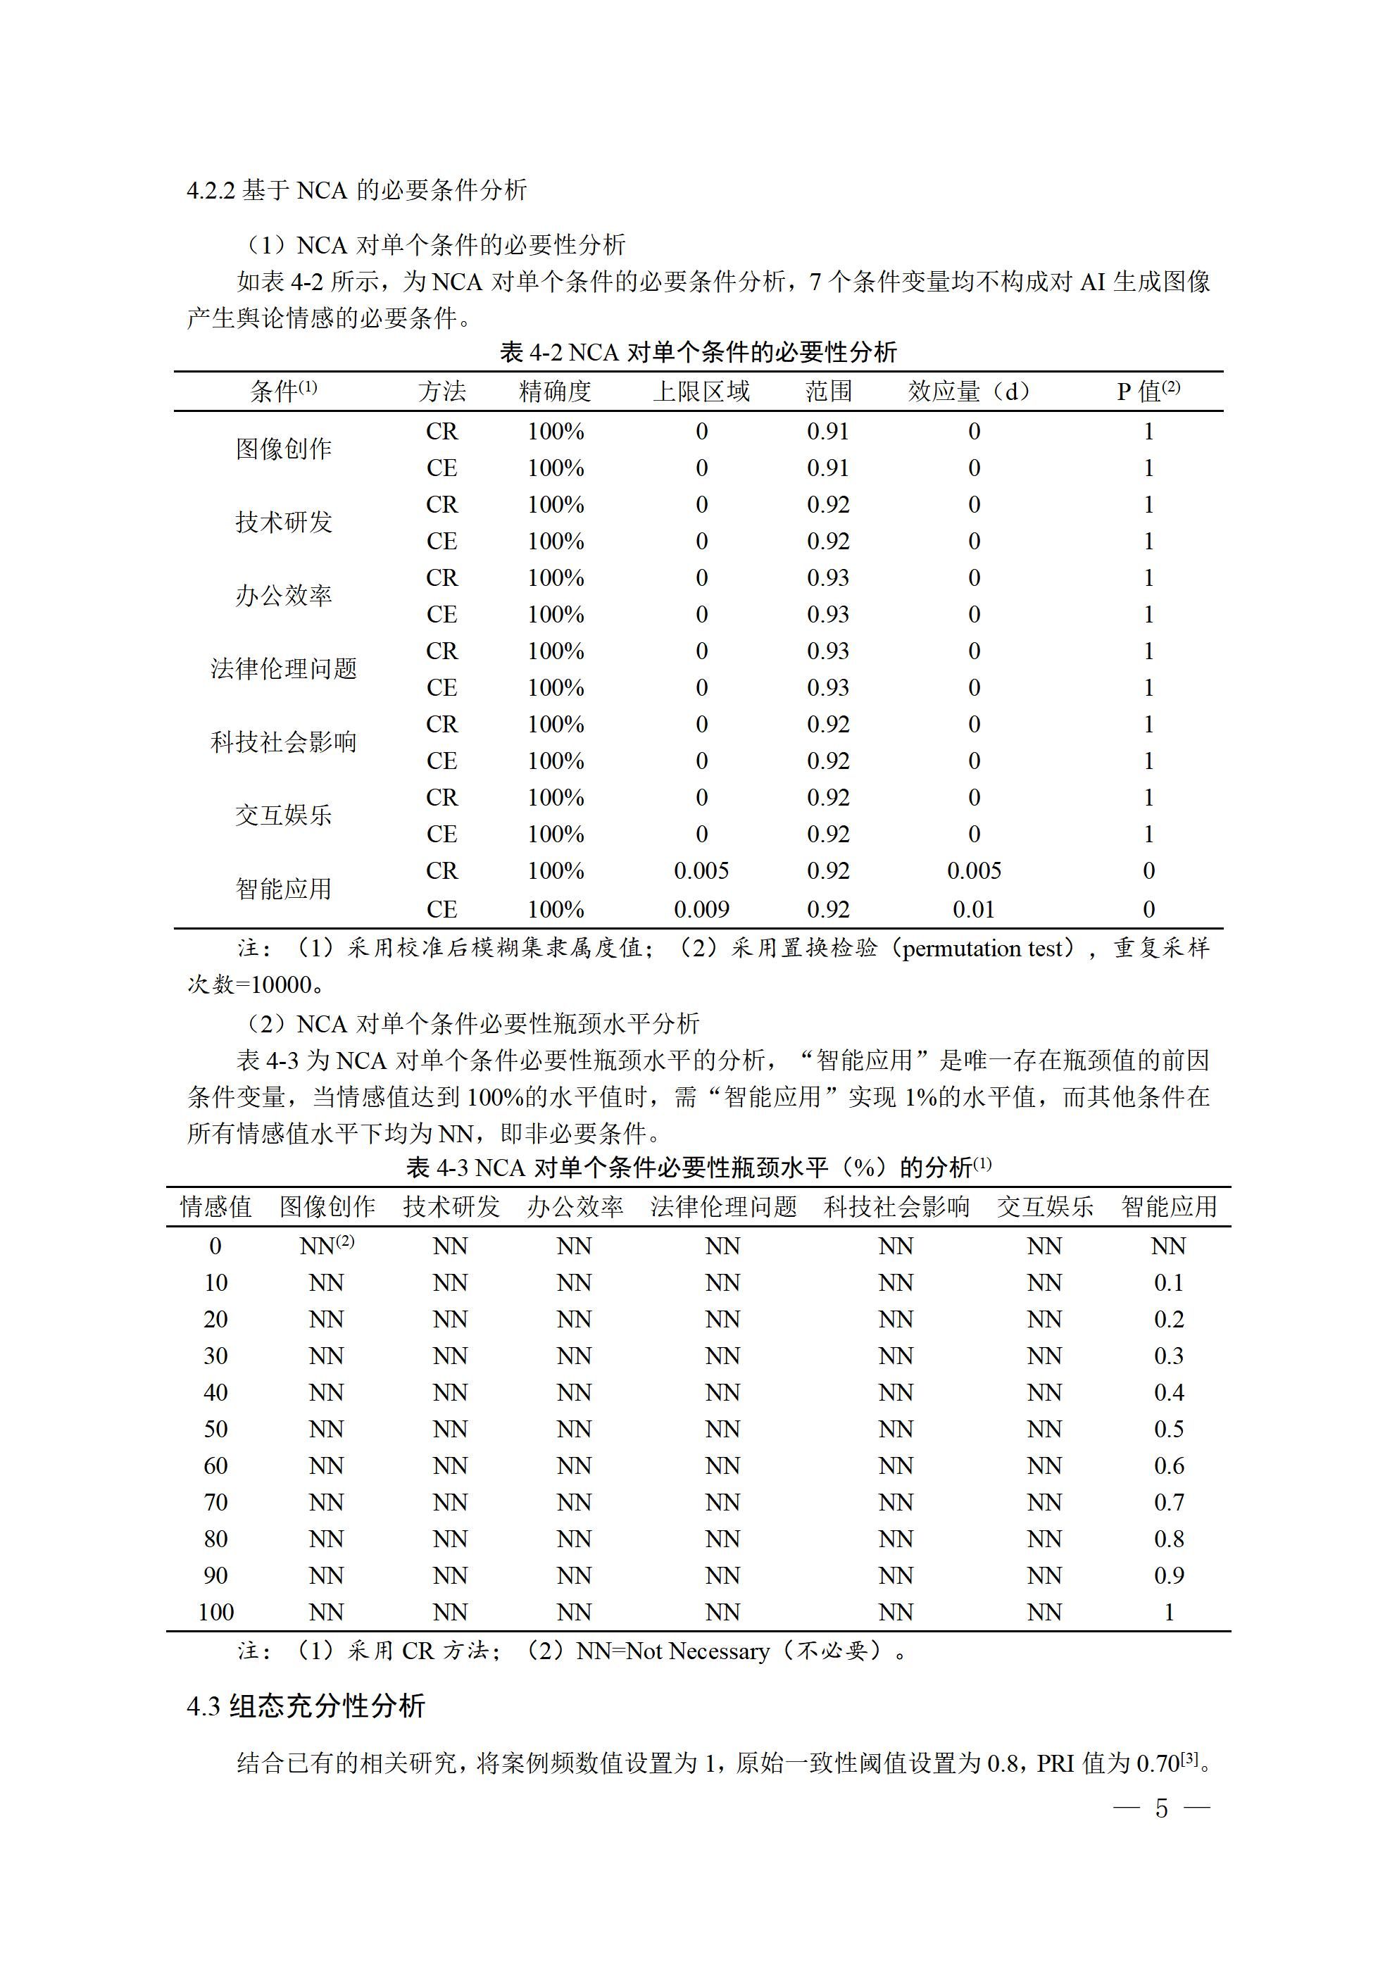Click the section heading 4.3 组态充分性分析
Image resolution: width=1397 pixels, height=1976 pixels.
[306, 1706]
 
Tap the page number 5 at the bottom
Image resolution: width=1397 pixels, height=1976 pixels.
[1161, 1808]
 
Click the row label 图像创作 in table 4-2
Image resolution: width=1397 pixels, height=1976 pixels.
[283, 449]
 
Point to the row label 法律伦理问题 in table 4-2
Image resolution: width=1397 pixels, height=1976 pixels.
[283, 669]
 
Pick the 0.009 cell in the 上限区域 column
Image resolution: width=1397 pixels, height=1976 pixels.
[701, 909]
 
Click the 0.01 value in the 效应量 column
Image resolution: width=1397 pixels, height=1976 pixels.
[974, 909]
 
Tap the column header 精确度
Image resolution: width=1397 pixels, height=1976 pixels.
[555, 392]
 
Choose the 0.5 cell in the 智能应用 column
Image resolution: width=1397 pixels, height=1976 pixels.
[1168, 1429]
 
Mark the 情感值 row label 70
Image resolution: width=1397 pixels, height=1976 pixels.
[215, 1502]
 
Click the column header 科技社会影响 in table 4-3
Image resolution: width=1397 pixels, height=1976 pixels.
[896, 1206]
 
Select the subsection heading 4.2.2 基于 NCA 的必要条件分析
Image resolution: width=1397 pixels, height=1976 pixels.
[356, 190]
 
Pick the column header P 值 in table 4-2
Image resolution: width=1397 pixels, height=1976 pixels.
[1147, 392]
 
